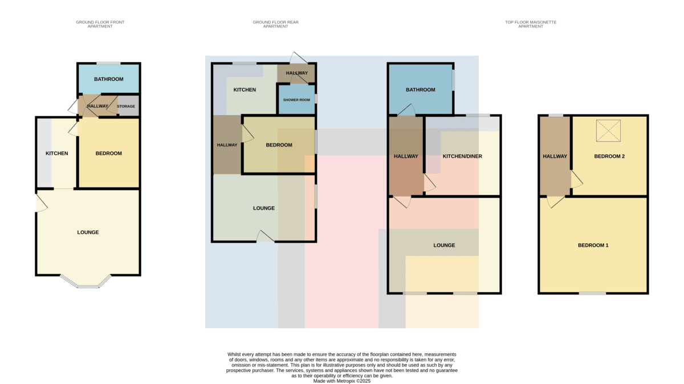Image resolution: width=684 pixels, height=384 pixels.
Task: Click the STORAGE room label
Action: (x=126, y=106)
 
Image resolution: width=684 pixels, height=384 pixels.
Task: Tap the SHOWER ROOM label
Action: (x=296, y=100)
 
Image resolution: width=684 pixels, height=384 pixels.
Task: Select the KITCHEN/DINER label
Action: (x=462, y=156)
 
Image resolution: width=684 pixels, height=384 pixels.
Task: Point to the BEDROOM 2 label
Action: (x=609, y=156)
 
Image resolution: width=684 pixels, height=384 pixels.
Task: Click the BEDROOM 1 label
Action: (x=593, y=245)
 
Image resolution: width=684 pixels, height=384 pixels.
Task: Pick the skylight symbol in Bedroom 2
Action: (x=608, y=130)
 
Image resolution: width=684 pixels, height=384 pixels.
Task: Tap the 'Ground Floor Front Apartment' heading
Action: (x=100, y=24)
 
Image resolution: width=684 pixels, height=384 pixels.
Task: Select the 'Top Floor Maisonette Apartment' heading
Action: (x=531, y=24)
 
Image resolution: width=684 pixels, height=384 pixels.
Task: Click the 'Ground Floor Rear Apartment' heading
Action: (x=275, y=24)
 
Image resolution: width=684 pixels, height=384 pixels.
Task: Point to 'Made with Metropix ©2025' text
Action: (x=341, y=381)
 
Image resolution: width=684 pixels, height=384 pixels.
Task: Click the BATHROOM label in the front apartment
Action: (x=109, y=79)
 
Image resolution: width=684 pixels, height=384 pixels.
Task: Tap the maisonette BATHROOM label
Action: (x=421, y=90)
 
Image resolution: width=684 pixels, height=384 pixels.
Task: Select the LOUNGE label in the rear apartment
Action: (x=264, y=208)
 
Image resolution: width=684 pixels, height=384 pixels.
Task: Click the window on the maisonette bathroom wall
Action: (x=453, y=80)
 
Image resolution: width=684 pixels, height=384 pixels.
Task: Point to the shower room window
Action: (x=316, y=99)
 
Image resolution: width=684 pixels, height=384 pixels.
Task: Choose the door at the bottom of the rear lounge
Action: (x=266, y=236)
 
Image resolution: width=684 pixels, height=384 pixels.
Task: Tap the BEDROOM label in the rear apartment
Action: (x=279, y=145)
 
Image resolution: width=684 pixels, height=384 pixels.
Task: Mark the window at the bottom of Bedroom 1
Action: (x=592, y=293)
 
